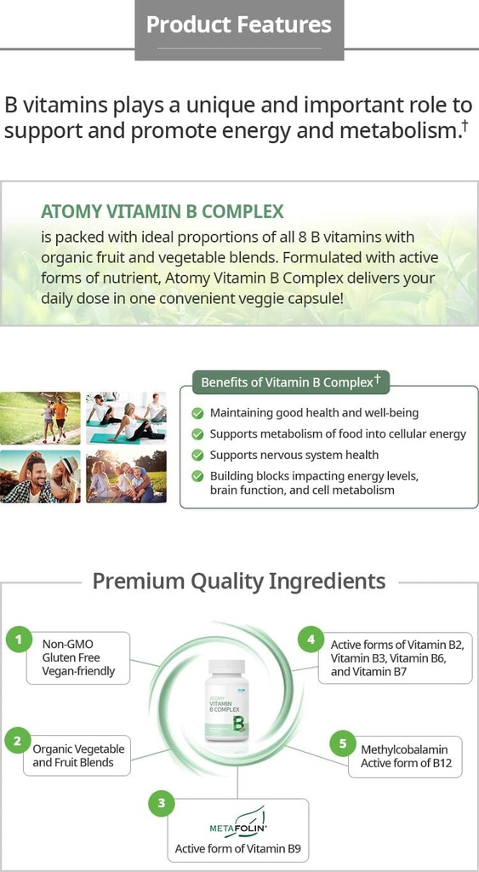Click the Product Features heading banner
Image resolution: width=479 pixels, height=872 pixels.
pos(239,26)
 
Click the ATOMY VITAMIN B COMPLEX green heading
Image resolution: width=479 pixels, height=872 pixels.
pos(163,211)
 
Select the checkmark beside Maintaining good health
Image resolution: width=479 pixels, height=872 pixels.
pos(197,413)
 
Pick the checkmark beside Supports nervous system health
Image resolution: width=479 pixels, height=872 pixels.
pos(197,456)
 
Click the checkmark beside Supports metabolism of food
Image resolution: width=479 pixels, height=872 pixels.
pos(197,434)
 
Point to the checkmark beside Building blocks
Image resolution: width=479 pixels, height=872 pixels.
pos(197,477)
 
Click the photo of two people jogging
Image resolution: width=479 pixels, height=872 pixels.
pos(40,418)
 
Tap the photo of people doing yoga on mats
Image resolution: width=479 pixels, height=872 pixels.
pos(126,418)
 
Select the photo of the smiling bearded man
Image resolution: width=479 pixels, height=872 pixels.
pos(40,476)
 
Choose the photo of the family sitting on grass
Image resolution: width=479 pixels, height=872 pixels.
pos(126,476)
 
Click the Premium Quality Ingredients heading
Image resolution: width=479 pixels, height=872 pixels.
pos(239,582)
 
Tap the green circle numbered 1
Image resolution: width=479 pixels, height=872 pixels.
pos(19,640)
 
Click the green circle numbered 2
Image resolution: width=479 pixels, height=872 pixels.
pos(17,740)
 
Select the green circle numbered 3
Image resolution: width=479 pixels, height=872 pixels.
pos(161,803)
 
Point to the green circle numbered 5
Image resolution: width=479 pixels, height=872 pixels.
pos(342,743)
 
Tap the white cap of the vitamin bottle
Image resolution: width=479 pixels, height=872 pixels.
pos(226,666)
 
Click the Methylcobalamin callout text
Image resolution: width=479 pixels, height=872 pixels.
pos(404,756)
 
